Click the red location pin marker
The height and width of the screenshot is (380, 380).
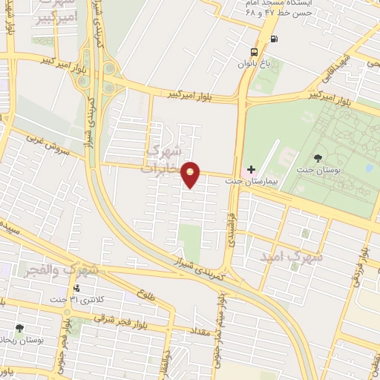point(191,174)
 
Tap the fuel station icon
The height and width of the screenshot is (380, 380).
point(275,39)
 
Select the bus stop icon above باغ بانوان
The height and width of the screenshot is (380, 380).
point(255,52)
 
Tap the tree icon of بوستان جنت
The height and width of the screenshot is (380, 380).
point(318,157)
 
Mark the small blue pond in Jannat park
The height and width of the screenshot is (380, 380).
point(369,168)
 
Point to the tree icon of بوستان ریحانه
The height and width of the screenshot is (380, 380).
point(19,328)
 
